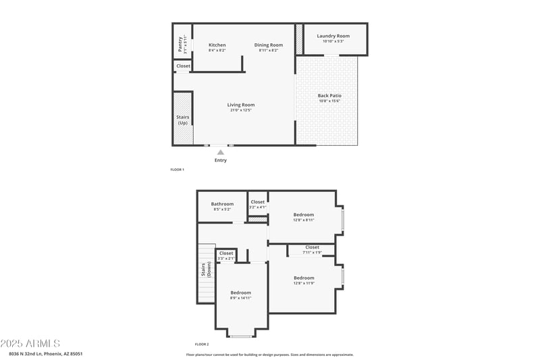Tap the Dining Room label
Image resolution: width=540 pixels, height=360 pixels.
(x=269, y=45)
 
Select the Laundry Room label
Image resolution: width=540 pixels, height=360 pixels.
(x=333, y=36)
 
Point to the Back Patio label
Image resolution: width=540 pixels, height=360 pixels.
(x=329, y=96)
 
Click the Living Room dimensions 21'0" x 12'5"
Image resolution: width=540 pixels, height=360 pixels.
(x=240, y=110)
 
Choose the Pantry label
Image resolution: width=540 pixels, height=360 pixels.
(x=180, y=45)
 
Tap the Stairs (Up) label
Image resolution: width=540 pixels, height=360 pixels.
(x=183, y=120)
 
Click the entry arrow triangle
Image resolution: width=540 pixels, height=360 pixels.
(x=221, y=153)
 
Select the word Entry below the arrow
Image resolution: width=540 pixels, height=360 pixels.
(x=221, y=160)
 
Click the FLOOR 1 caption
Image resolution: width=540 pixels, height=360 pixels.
(x=177, y=169)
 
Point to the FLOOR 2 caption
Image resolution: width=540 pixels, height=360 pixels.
(x=202, y=344)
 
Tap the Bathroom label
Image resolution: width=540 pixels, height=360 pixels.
(x=222, y=204)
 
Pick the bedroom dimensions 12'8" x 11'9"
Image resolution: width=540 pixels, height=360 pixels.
(x=304, y=283)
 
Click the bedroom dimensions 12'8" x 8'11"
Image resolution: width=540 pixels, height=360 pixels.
(x=304, y=220)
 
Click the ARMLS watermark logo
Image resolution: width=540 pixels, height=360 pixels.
(x=30, y=344)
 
